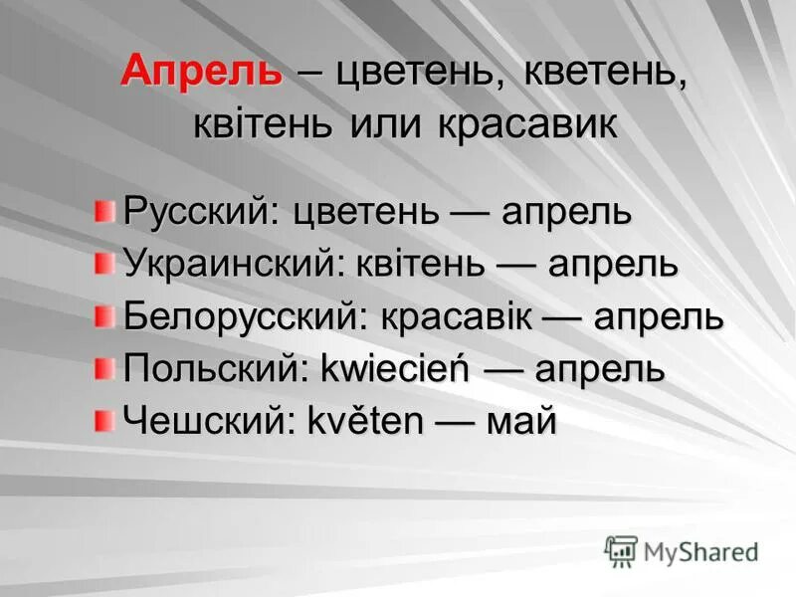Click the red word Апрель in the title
point(201,72)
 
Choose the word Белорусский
point(237,317)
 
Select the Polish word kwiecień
point(395,370)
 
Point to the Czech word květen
point(366,422)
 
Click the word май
point(519,422)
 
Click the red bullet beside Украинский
point(104,264)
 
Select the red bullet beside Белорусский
point(104,316)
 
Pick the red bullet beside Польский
point(104,369)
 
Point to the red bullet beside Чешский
point(104,421)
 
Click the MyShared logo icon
point(622,550)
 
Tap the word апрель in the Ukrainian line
point(614,265)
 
